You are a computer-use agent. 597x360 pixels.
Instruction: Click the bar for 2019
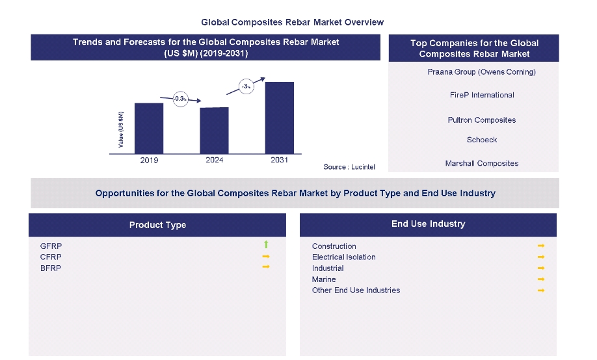click(x=149, y=128)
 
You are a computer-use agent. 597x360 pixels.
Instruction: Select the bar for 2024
click(x=214, y=130)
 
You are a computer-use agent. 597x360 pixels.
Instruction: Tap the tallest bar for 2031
click(x=279, y=118)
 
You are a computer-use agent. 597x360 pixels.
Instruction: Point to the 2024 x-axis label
click(x=214, y=160)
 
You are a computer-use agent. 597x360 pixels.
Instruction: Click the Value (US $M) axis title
click(x=120, y=129)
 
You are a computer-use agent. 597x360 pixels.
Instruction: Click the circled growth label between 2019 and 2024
click(x=181, y=99)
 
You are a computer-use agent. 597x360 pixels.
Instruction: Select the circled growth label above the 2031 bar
click(x=246, y=86)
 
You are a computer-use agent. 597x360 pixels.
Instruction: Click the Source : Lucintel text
click(x=349, y=167)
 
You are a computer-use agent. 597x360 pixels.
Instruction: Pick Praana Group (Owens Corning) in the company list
click(x=481, y=72)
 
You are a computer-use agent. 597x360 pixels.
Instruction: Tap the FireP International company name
click(x=481, y=95)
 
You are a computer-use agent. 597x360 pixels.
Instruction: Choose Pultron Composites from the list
click(x=481, y=120)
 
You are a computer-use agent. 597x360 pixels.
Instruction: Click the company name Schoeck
click(x=481, y=140)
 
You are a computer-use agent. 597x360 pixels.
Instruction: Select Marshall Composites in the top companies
click(x=481, y=164)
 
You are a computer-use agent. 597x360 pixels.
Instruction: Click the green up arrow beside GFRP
click(x=266, y=245)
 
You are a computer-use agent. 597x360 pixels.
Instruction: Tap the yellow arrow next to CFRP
click(x=266, y=257)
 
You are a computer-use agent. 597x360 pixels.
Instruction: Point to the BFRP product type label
click(x=51, y=268)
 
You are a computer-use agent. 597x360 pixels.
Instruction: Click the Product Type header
click(x=157, y=225)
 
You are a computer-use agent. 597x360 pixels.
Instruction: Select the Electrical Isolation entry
click(x=343, y=257)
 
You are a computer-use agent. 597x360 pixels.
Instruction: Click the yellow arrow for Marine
click(x=540, y=279)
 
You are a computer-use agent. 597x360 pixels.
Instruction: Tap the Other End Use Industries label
click(x=356, y=290)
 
